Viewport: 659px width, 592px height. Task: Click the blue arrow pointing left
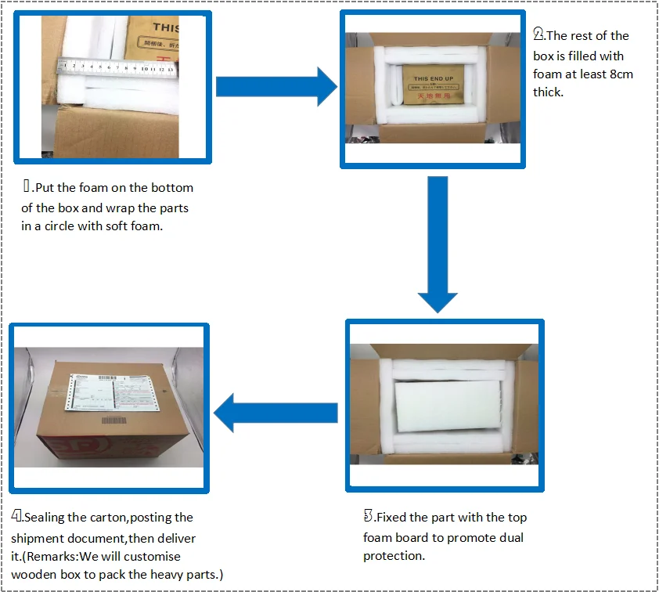click(274, 413)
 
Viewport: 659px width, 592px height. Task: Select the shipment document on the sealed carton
click(109, 389)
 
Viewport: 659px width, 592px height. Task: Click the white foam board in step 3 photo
click(446, 405)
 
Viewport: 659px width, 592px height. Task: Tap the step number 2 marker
click(538, 34)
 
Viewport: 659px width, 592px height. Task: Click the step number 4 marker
click(16, 517)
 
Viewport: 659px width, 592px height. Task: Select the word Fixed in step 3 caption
click(393, 518)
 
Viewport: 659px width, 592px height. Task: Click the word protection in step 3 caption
click(393, 556)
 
